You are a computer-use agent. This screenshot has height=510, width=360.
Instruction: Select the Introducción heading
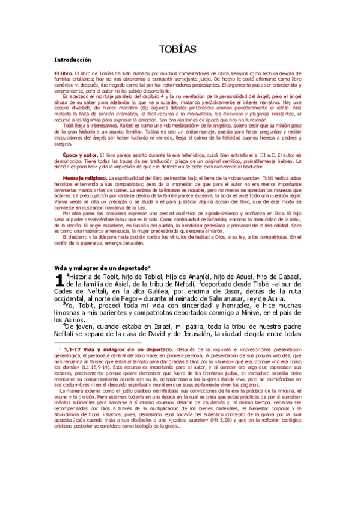(x=72, y=60)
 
